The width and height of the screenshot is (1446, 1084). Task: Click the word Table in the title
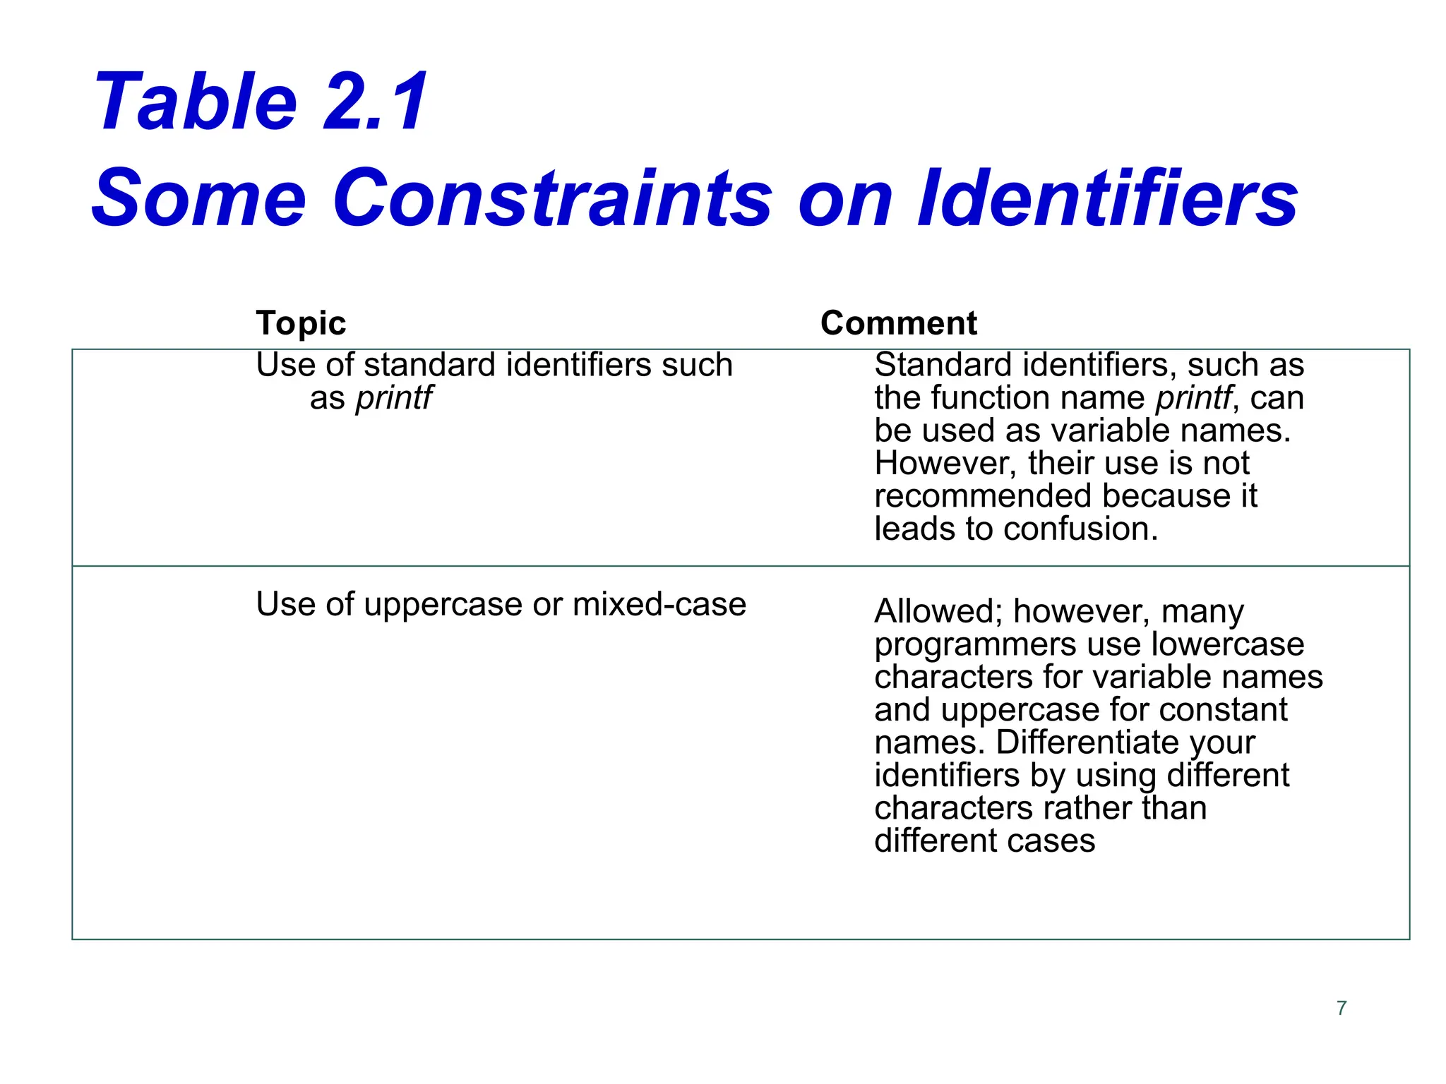tap(196, 102)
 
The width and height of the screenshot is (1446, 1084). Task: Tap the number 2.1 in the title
tap(375, 102)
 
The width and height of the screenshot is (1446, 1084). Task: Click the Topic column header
tap(301, 323)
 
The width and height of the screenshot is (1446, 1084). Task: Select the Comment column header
tap(898, 323)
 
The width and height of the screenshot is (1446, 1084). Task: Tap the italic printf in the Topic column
tap(393, 398)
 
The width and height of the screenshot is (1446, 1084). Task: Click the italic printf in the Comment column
tap(1194, 398)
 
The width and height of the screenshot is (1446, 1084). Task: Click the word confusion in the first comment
tap(1080, 529)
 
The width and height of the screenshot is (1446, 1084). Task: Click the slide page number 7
tap(1342, 1008)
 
